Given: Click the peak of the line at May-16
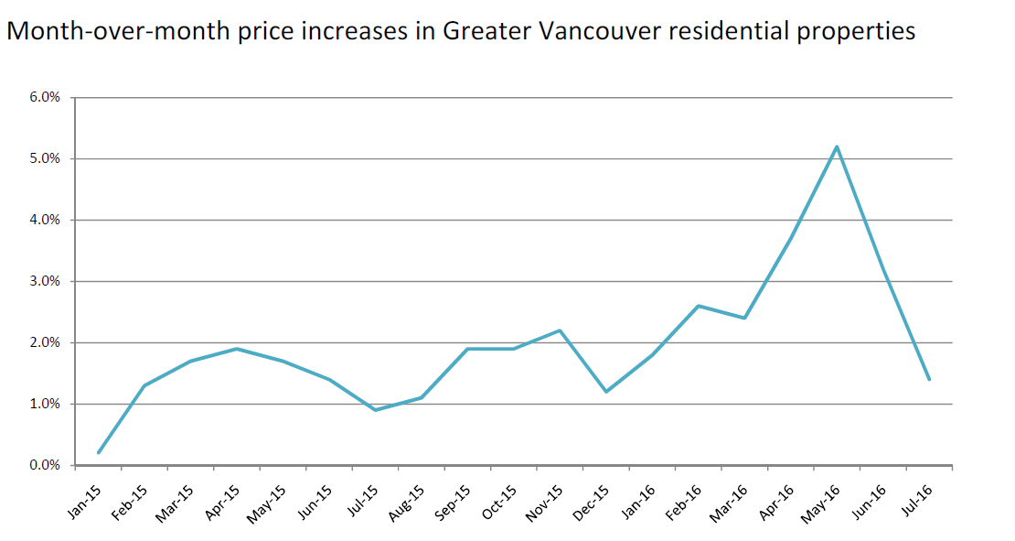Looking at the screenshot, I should click(x=837, y=146).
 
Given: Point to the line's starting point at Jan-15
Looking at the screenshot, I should click(x=99, y=452).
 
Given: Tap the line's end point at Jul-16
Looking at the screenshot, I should click(x=929, y=379).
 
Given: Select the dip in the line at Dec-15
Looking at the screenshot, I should click(x=606, y=392).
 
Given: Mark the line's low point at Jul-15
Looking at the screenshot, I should click(x=375, y=410).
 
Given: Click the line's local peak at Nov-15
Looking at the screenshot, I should click(x=560, y=330).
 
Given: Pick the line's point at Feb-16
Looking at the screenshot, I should click(x=699, y=306).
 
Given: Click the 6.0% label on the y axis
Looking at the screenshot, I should click(x=44, y=97).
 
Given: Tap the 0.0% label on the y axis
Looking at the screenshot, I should click(x=44, y=465).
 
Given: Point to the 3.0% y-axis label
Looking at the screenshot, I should click(x=44, y=281).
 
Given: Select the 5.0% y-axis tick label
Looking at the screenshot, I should click(x=44, y=158).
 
